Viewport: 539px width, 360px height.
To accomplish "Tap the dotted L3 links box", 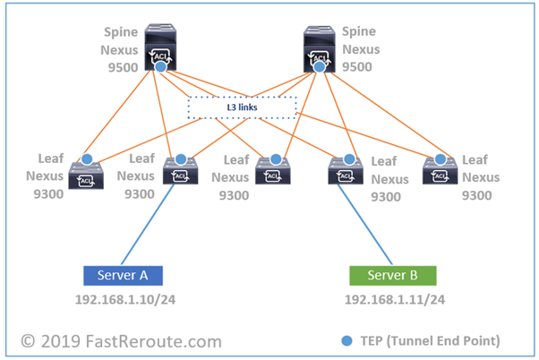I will (x=242, y=107).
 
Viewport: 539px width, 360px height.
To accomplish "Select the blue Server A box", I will (x=123, y=274).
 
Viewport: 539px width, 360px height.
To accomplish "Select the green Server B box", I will (x=391, y=274).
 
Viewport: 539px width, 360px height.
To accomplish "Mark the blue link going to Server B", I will (x=365, y=223).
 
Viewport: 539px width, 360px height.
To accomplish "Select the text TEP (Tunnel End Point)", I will (x=436, y=341).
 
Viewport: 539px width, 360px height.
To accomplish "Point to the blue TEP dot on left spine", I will (x=160, y=67).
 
